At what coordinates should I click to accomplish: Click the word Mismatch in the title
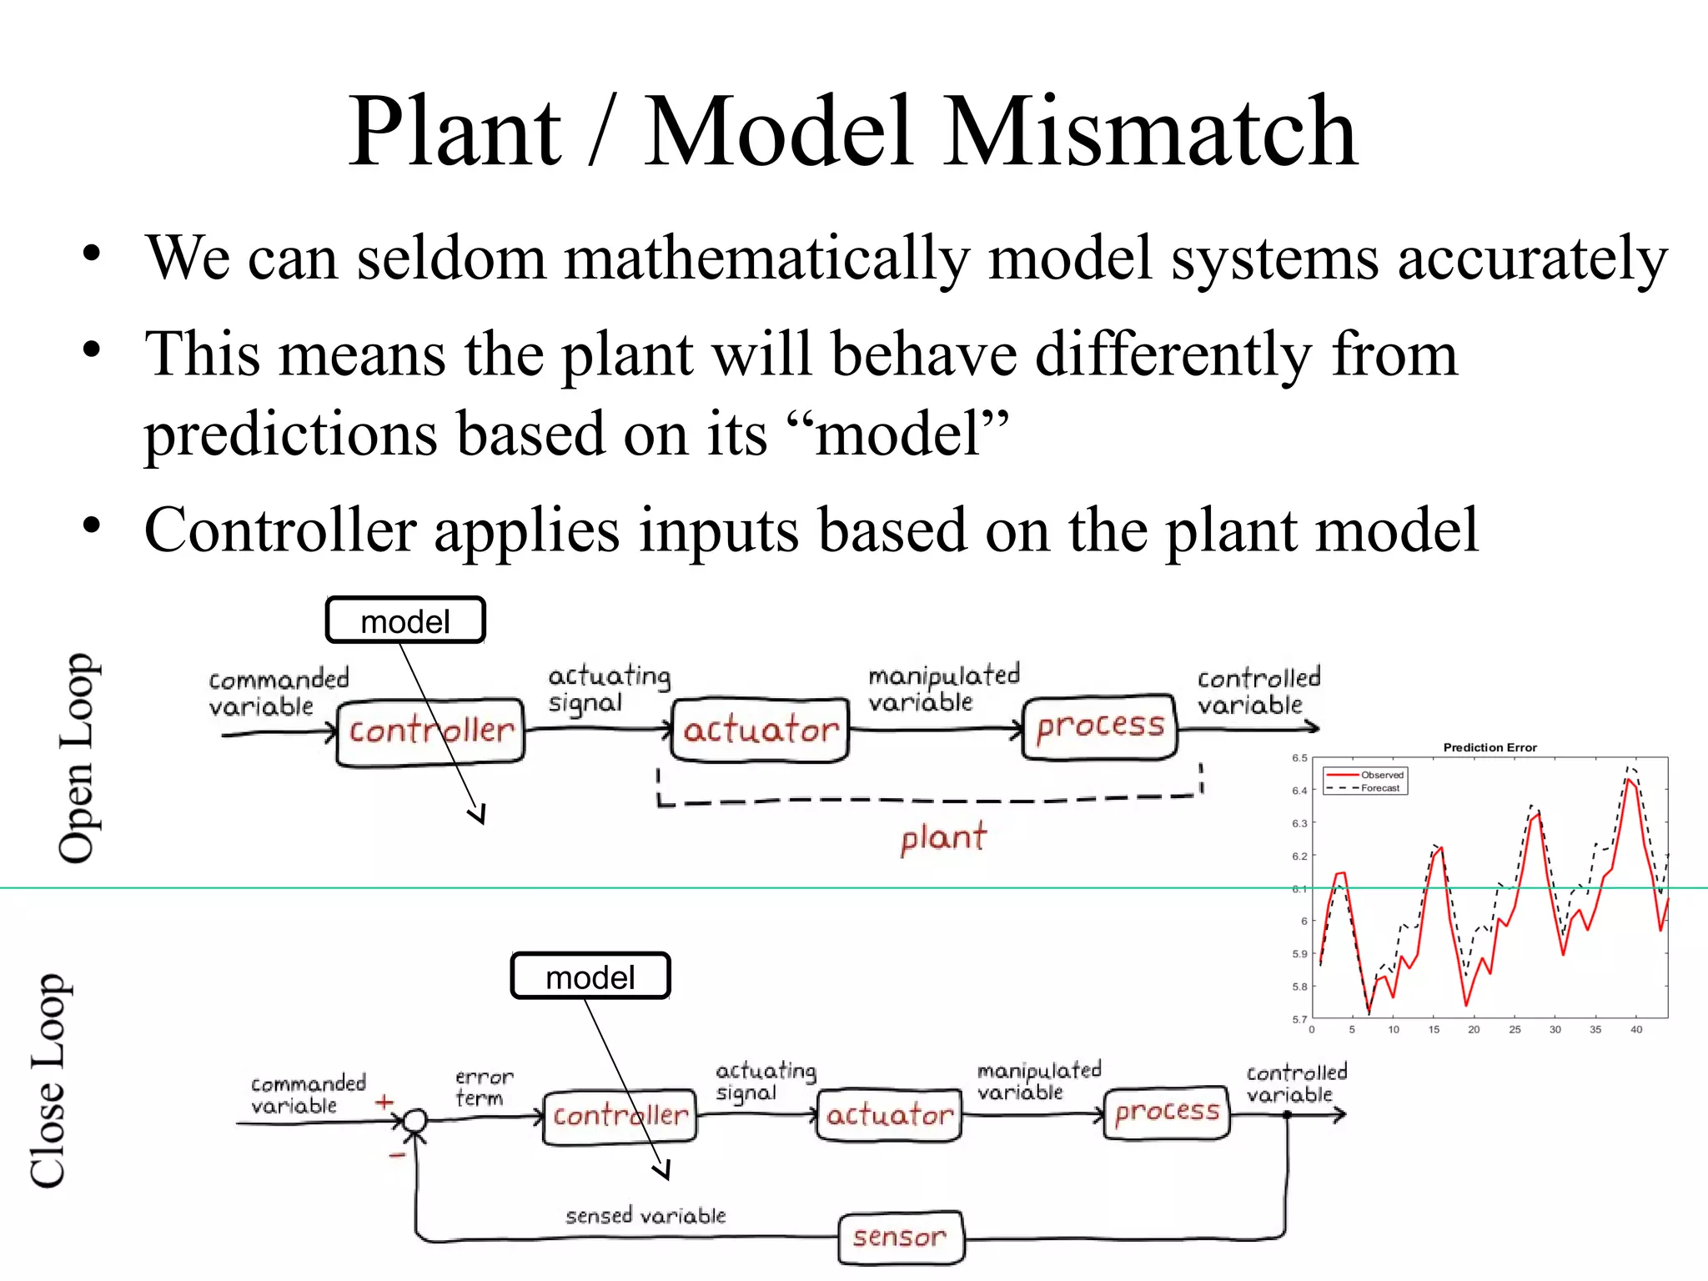1152,132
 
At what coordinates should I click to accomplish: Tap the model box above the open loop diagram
405,620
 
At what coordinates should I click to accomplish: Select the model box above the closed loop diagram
590,977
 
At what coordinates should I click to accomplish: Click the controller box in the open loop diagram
430,731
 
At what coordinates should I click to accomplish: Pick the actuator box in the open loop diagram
760,731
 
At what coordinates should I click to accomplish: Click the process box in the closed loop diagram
1166,1112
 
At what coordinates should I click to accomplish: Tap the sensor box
900,1237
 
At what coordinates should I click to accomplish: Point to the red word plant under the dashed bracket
943,837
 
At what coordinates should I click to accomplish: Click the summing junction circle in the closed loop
415,1121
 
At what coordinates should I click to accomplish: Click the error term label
483,1088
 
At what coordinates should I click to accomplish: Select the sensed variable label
646,1216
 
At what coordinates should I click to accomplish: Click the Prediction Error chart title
1489,747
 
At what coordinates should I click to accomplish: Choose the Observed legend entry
1381,775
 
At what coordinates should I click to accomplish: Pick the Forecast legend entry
1380,788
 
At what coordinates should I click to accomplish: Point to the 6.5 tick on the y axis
1299,758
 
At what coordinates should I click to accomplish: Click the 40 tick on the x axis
1636,1030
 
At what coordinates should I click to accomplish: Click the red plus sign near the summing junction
384,1103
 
